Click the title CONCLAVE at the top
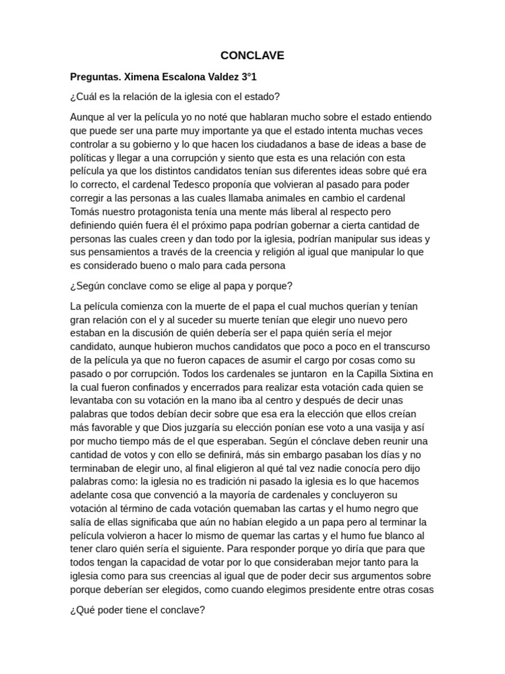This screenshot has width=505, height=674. point(252,56)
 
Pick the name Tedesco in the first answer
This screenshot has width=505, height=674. point(182,185)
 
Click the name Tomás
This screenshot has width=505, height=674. point(84,212)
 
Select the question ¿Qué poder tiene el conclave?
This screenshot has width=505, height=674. point(137,610)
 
